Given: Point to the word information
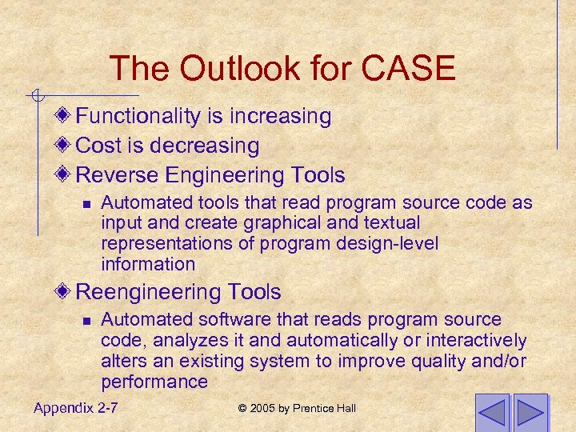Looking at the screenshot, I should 148,264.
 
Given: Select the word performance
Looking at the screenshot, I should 154,382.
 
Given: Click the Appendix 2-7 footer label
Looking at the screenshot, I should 76,408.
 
